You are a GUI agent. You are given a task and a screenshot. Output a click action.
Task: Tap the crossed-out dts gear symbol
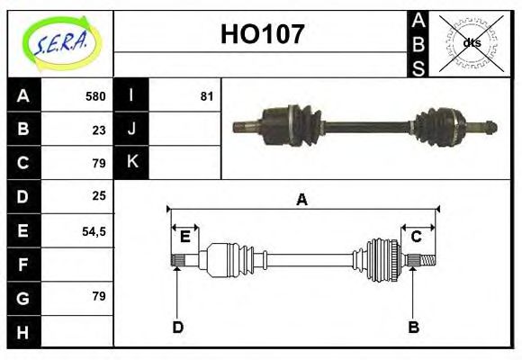point(472,43)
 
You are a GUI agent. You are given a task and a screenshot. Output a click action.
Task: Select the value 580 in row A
point(95,96)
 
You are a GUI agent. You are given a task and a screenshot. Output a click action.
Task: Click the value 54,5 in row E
point(94,231)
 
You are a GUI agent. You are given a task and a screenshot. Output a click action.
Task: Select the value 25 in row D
point(99,195)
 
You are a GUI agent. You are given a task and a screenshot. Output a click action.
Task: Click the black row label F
point(22,265)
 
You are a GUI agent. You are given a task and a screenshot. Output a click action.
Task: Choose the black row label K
point(131,162)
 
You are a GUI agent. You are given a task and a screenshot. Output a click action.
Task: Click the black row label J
point(131,129)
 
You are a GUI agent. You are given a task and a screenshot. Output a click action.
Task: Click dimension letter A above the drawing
point(301,200)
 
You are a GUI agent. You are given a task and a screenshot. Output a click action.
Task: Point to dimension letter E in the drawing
point(184,237)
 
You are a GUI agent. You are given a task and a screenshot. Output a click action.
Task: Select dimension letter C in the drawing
point(417,237)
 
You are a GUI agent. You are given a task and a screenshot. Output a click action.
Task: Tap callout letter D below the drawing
point(177,327)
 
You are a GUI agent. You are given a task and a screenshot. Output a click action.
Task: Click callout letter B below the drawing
point(413,327)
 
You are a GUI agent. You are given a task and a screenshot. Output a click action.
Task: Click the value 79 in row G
point(99,296)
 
